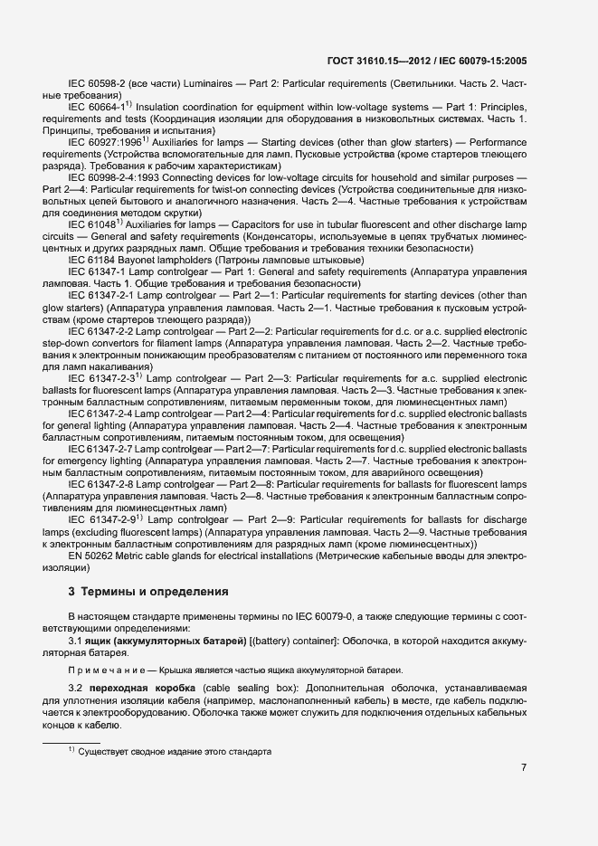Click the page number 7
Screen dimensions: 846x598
(x=524, y=768)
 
